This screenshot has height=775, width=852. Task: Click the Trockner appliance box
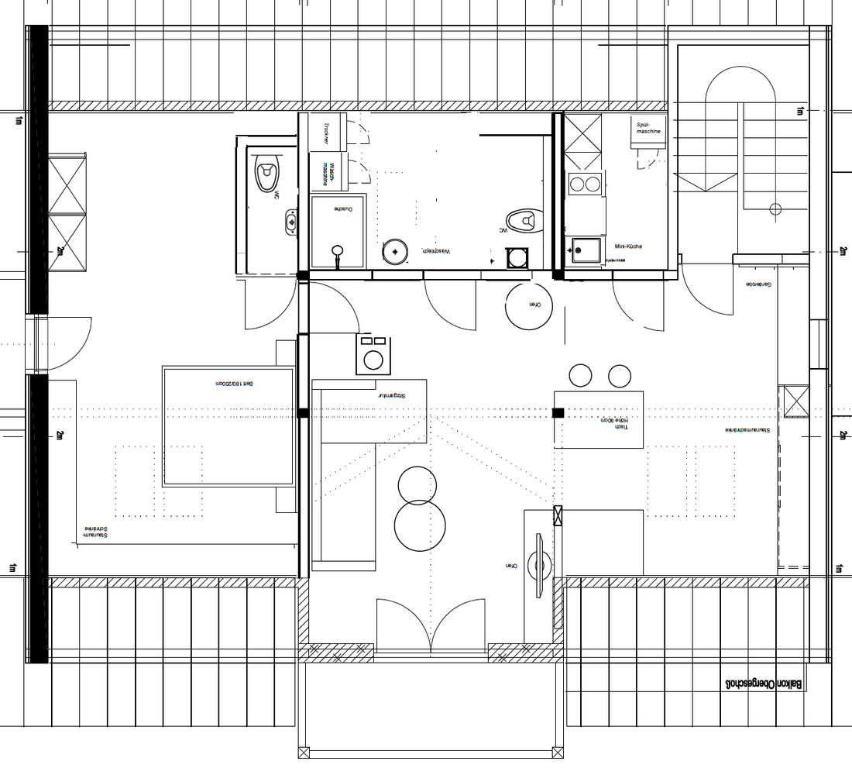328,132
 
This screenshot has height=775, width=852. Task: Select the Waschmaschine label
328,172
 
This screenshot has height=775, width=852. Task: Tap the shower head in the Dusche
337,251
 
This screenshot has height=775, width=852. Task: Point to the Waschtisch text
435,251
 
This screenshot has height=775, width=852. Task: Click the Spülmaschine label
648,127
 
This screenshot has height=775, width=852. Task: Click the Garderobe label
759,284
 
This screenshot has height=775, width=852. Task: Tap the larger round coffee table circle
419,525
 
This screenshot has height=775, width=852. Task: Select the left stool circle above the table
580,376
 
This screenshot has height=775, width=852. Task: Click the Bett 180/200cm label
235,384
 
